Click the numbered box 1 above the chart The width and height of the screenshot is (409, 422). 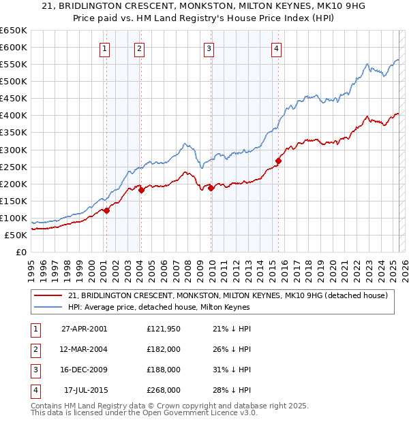click(105, 48)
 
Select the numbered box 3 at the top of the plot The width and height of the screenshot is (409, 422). click(209, 48)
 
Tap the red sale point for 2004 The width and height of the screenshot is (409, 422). click(141, 190)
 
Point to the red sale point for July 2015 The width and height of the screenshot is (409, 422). click(278, 161)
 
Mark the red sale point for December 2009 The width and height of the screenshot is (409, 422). click(211, 188)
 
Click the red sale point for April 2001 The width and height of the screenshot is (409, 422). click(107, 210)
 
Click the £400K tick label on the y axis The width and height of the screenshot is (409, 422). click(14, 115)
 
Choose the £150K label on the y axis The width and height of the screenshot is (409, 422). click(14, 201)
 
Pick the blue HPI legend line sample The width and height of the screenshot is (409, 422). click(48, 307)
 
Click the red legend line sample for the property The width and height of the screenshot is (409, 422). click(48, 295)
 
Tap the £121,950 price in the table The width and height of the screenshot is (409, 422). click(163, 329)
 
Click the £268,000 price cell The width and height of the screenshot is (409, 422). click(163, 390)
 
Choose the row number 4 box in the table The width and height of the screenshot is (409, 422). click(33, 390)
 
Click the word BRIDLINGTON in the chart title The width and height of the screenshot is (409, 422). click(117, 6)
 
